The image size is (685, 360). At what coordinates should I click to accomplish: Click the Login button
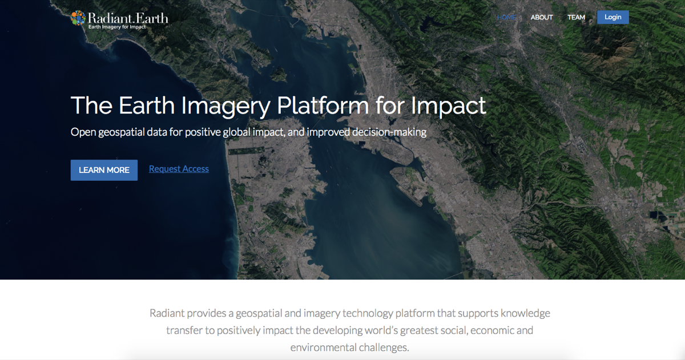click(613, 17)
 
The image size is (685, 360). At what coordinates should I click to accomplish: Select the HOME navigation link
click(506, 18)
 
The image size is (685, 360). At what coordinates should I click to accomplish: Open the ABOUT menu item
click(542, 18)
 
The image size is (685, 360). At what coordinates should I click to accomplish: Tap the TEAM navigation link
click(576, 18)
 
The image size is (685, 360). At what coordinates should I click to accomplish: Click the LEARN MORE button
click(104, 170)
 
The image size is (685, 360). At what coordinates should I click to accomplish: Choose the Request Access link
click(179, 169)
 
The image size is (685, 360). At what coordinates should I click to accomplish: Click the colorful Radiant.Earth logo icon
click(78, 18)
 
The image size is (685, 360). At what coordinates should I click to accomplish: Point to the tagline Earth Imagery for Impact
click(117, 27)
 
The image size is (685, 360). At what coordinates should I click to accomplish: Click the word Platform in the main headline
click(323, 106)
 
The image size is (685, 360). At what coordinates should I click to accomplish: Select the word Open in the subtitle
click(83, 132)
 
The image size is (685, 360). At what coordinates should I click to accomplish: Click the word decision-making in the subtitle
click(389, 132)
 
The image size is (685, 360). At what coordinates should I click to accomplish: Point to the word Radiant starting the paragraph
click(167, 313)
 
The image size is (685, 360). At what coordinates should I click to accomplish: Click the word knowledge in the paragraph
click(525, 314)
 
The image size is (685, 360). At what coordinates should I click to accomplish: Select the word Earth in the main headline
click(147, 106)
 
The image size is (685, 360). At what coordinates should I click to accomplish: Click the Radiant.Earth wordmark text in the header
click(128, 18)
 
